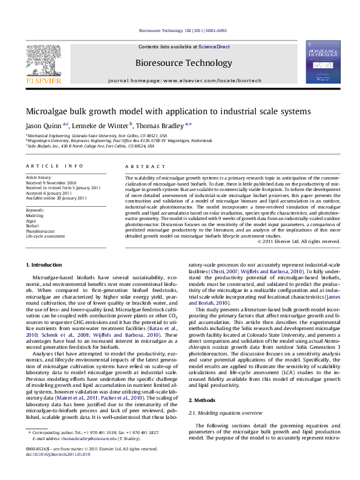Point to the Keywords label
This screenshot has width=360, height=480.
(35, 209)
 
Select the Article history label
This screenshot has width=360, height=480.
(38, 178)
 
